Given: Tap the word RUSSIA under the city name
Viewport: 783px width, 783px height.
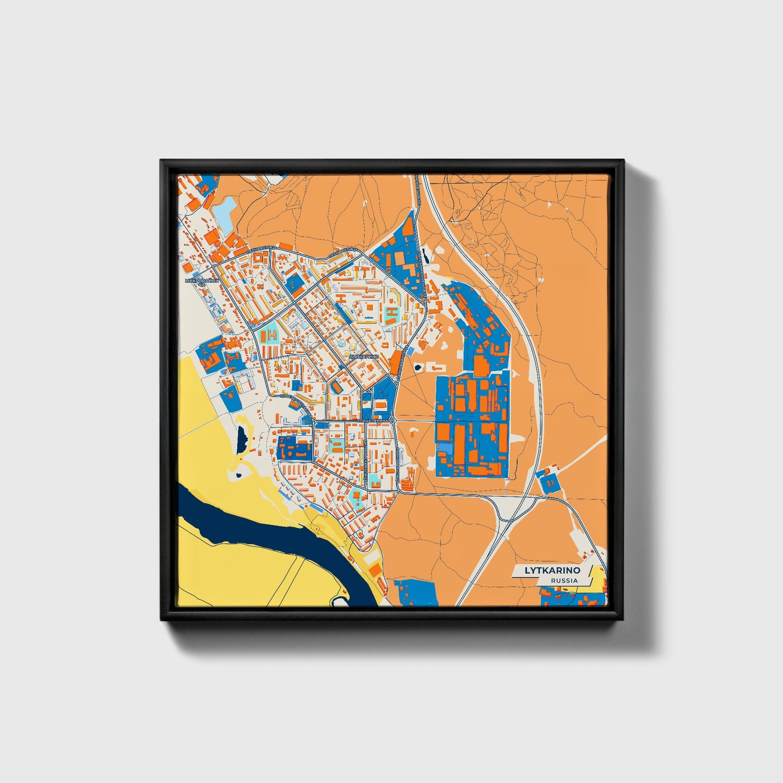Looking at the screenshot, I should point(564,580).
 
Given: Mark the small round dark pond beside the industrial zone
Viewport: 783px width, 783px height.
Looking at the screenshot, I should point(418,367).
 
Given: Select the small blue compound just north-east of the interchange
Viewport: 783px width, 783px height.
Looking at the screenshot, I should point(548,481).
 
